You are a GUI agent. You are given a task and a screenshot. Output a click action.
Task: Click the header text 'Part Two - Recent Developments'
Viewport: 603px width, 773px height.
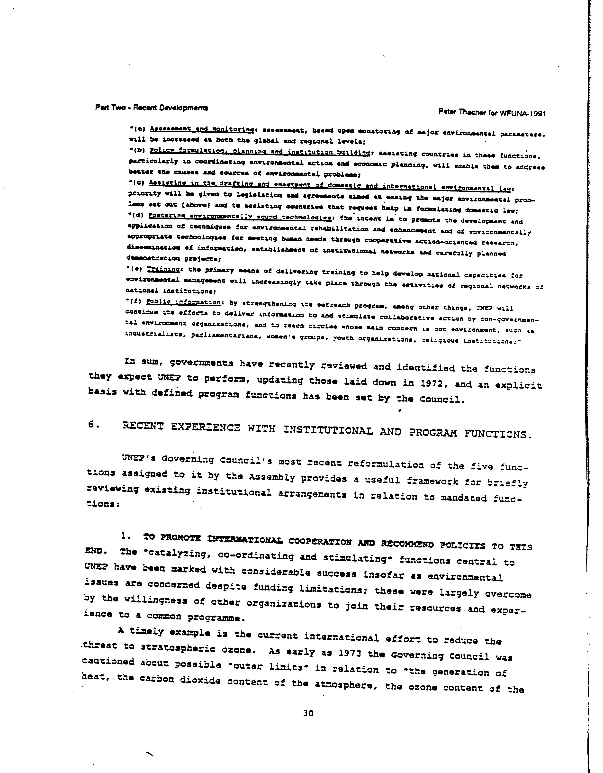click(x=152, y=108)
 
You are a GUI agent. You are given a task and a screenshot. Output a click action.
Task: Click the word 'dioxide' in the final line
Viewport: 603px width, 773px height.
click(x=200, y=681)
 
